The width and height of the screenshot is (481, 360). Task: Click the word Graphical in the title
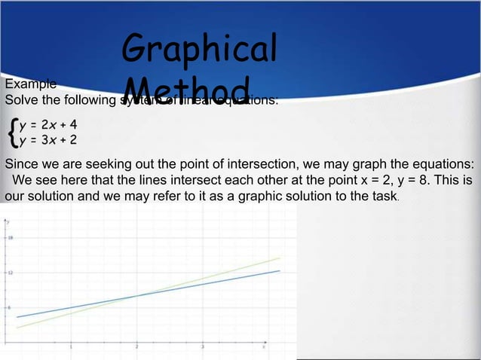(x=199, y=48)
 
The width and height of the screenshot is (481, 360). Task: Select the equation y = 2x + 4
(x=49, y=125)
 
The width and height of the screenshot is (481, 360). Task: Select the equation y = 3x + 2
(x=49, y=139)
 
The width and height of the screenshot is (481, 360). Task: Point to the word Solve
(x=21, y=99)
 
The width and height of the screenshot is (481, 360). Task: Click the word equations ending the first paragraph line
(x=444, y=165)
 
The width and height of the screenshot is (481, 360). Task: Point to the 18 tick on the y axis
(x=11, y=237)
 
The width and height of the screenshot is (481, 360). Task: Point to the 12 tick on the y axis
(x=11, y=273)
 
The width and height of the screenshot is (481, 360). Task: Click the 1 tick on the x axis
(x=71, y=346)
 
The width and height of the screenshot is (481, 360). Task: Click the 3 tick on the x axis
(x=203, y=346)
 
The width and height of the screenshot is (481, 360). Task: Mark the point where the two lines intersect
(x=136, y=295)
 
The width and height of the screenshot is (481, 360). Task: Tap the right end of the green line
(x=279, y=258)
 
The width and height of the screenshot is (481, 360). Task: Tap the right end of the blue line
(x=279, y=271)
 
